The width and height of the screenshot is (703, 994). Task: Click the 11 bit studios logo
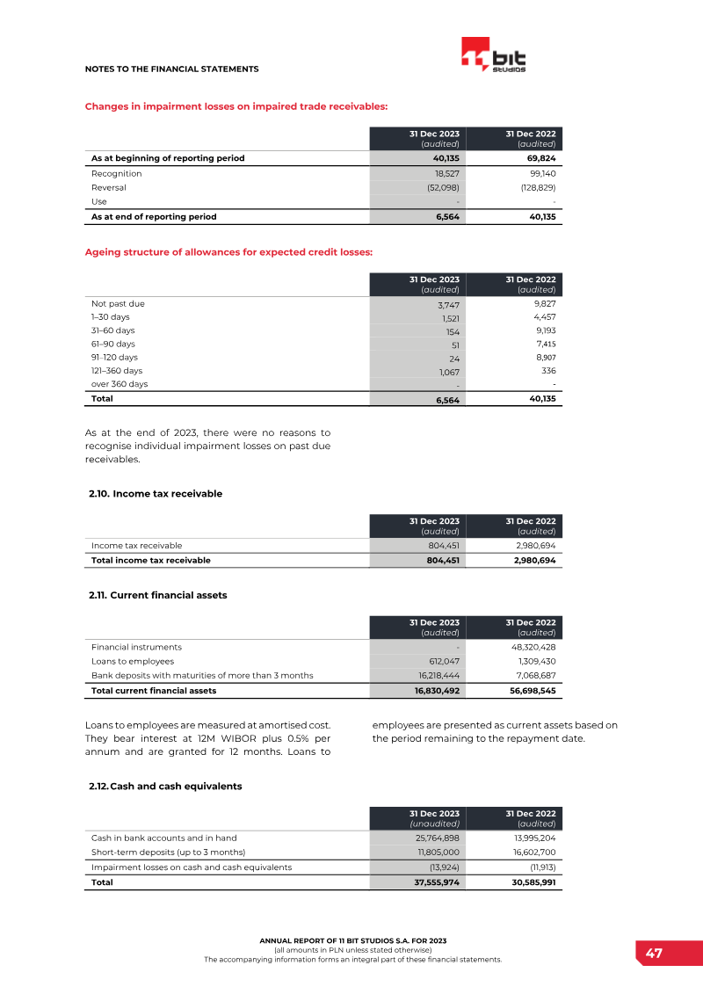(x=493, y=55)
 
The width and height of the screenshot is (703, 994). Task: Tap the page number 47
(x=654, y=954)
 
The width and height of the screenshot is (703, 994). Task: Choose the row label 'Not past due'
(x=118, y=303)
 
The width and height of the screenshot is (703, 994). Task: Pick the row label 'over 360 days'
(x=120, y=384)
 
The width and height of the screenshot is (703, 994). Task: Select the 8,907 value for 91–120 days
(x=545, y=358)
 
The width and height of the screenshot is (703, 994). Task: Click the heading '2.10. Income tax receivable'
(x=156, y=494)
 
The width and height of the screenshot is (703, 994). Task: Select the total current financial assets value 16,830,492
(x=437, y=691)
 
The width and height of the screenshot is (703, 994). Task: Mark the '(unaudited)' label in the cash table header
(x=434, y=823)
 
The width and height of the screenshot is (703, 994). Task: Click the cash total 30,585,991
(x=528, y=882)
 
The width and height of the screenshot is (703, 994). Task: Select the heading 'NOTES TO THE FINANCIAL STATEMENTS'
(x=171, y=69)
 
